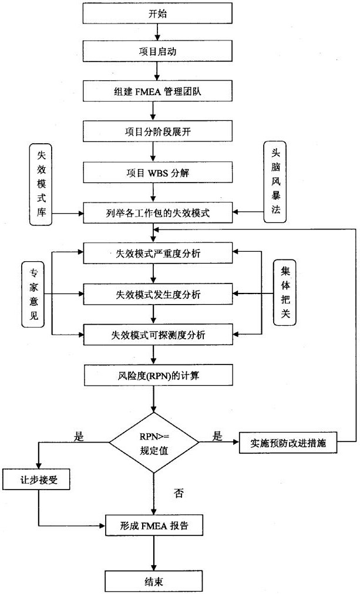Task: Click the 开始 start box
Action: click(153, 14)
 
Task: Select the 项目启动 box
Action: click(153, 51)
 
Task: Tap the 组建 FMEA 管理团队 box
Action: click(153, 90)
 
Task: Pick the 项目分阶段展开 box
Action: click(153, 130)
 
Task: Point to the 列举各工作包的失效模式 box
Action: click(153, 213)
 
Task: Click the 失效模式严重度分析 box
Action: click(153, 253)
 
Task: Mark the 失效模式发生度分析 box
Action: click(153, 293)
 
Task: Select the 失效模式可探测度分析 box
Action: click(153, 334)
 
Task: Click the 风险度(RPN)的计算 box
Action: click(153, 374)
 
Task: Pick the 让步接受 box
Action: click(36, 480)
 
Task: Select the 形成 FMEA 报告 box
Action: click(153, 524)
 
